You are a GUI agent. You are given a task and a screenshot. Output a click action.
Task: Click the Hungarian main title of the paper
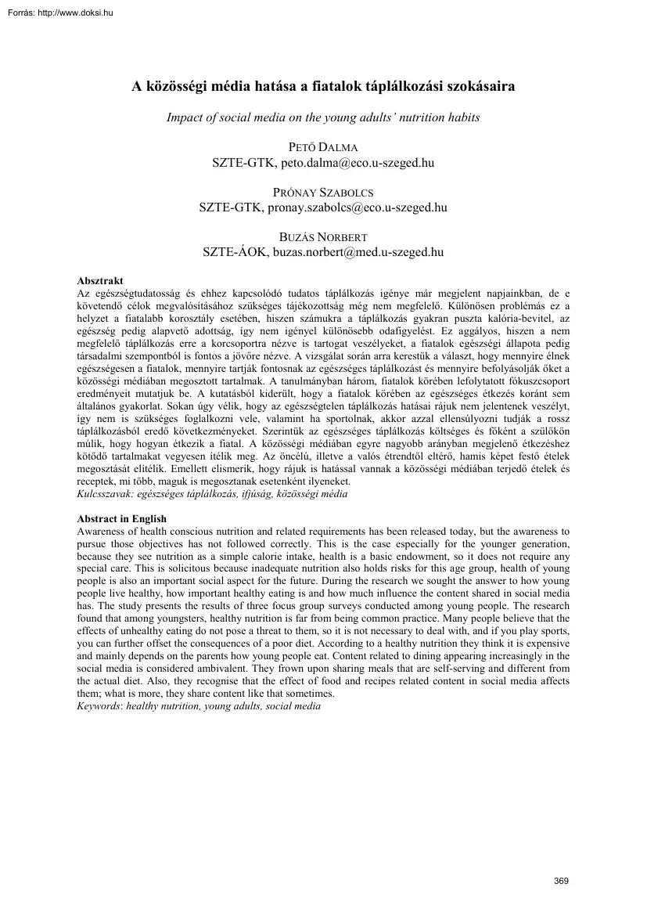coord(322,88)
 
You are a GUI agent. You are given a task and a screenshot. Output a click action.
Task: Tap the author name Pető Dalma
coord(322,149)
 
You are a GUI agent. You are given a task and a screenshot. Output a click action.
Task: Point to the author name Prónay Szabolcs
coord(322,193)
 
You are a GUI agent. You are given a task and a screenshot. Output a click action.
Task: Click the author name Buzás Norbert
coord(322,237)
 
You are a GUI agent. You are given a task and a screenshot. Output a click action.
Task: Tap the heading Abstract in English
coord(121,519)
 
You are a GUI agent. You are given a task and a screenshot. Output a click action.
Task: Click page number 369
coord(561,882)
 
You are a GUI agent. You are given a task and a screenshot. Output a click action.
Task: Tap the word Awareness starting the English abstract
coord(101,531)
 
